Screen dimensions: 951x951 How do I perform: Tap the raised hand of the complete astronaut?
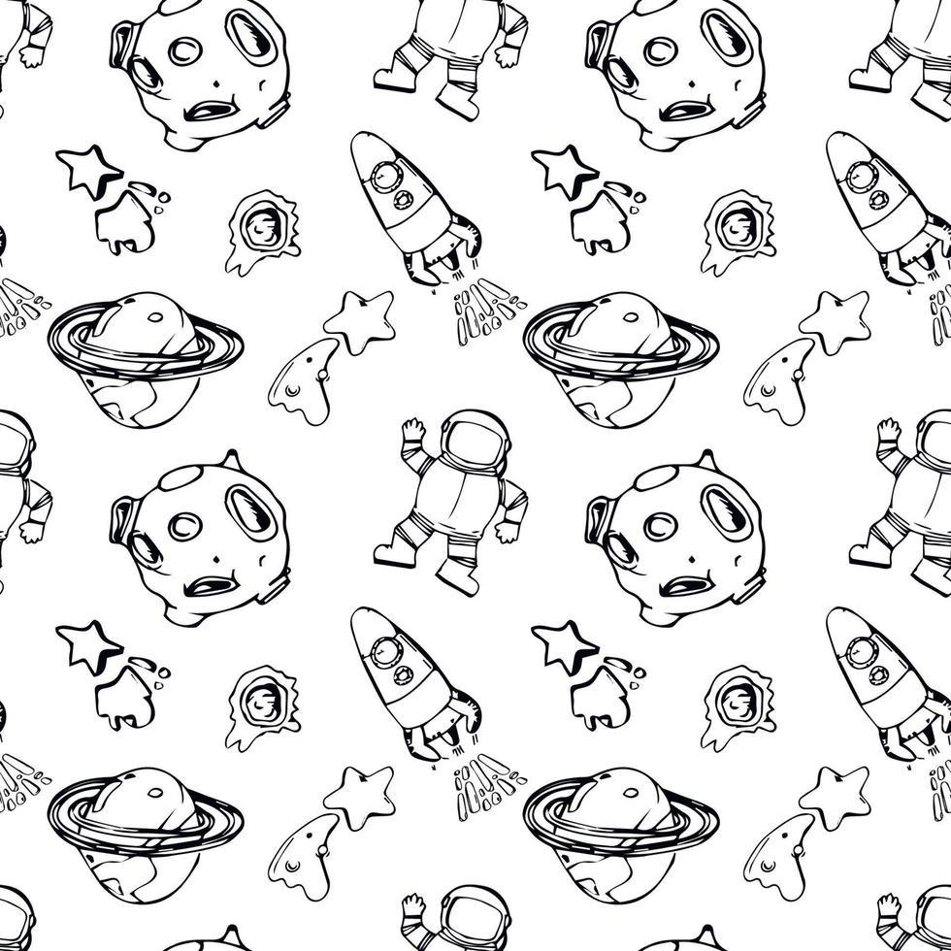point(411,432)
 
